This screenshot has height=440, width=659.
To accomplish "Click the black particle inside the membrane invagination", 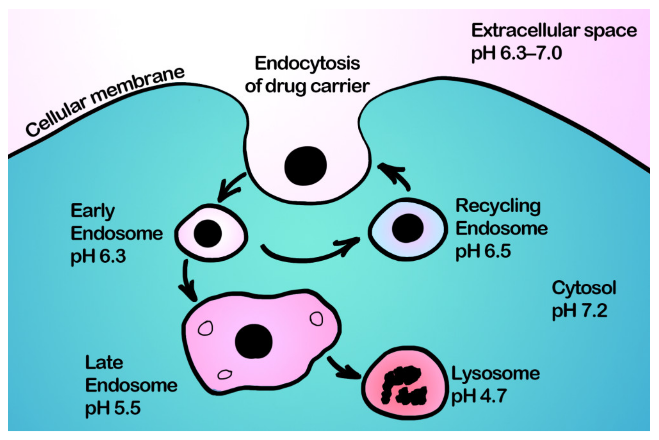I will pos(305,166).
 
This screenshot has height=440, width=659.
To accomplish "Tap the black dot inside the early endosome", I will pos(208,233).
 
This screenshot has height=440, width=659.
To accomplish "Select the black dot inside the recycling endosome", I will pos(407,228).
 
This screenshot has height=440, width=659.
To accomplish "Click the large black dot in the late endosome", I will pos(253,341).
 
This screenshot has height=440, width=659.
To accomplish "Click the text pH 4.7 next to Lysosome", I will pos(479,396).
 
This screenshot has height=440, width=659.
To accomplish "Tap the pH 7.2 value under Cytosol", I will pos(579,311).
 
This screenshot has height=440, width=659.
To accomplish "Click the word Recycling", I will pos(498,206).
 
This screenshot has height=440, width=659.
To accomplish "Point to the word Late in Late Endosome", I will pos(104,363).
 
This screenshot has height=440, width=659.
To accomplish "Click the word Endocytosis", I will pos(307,63).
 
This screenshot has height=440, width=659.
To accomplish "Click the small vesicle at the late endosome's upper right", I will pos(316,319).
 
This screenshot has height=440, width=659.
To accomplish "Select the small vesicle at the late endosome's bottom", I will pos(225,374).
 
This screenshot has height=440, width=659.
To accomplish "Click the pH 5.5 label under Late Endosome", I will pos(113,408).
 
